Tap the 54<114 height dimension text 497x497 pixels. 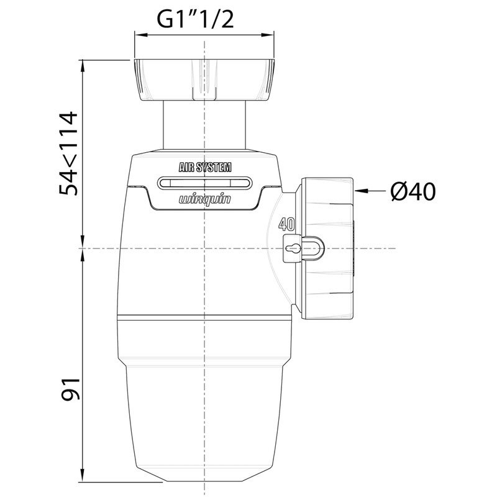[68, 153]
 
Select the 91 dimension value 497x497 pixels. [70, 390]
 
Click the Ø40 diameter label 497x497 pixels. [413, 191]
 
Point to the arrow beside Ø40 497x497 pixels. [370, 191]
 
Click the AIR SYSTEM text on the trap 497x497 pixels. [205, 167]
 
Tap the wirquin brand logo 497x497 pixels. [205, 200]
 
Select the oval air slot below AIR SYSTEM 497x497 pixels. [205, 183]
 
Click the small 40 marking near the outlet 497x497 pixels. [286, 224]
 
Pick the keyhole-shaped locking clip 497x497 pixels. [303, 248]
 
